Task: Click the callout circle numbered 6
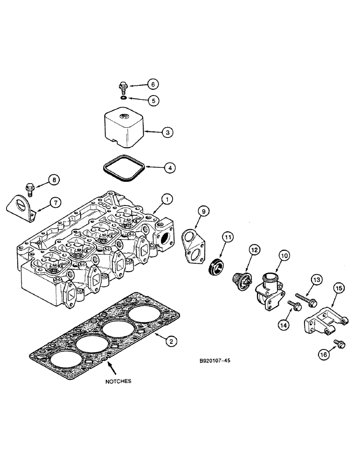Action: coord(152,84)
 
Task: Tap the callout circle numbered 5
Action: coord(152,100)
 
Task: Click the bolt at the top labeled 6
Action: coord(123,88)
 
